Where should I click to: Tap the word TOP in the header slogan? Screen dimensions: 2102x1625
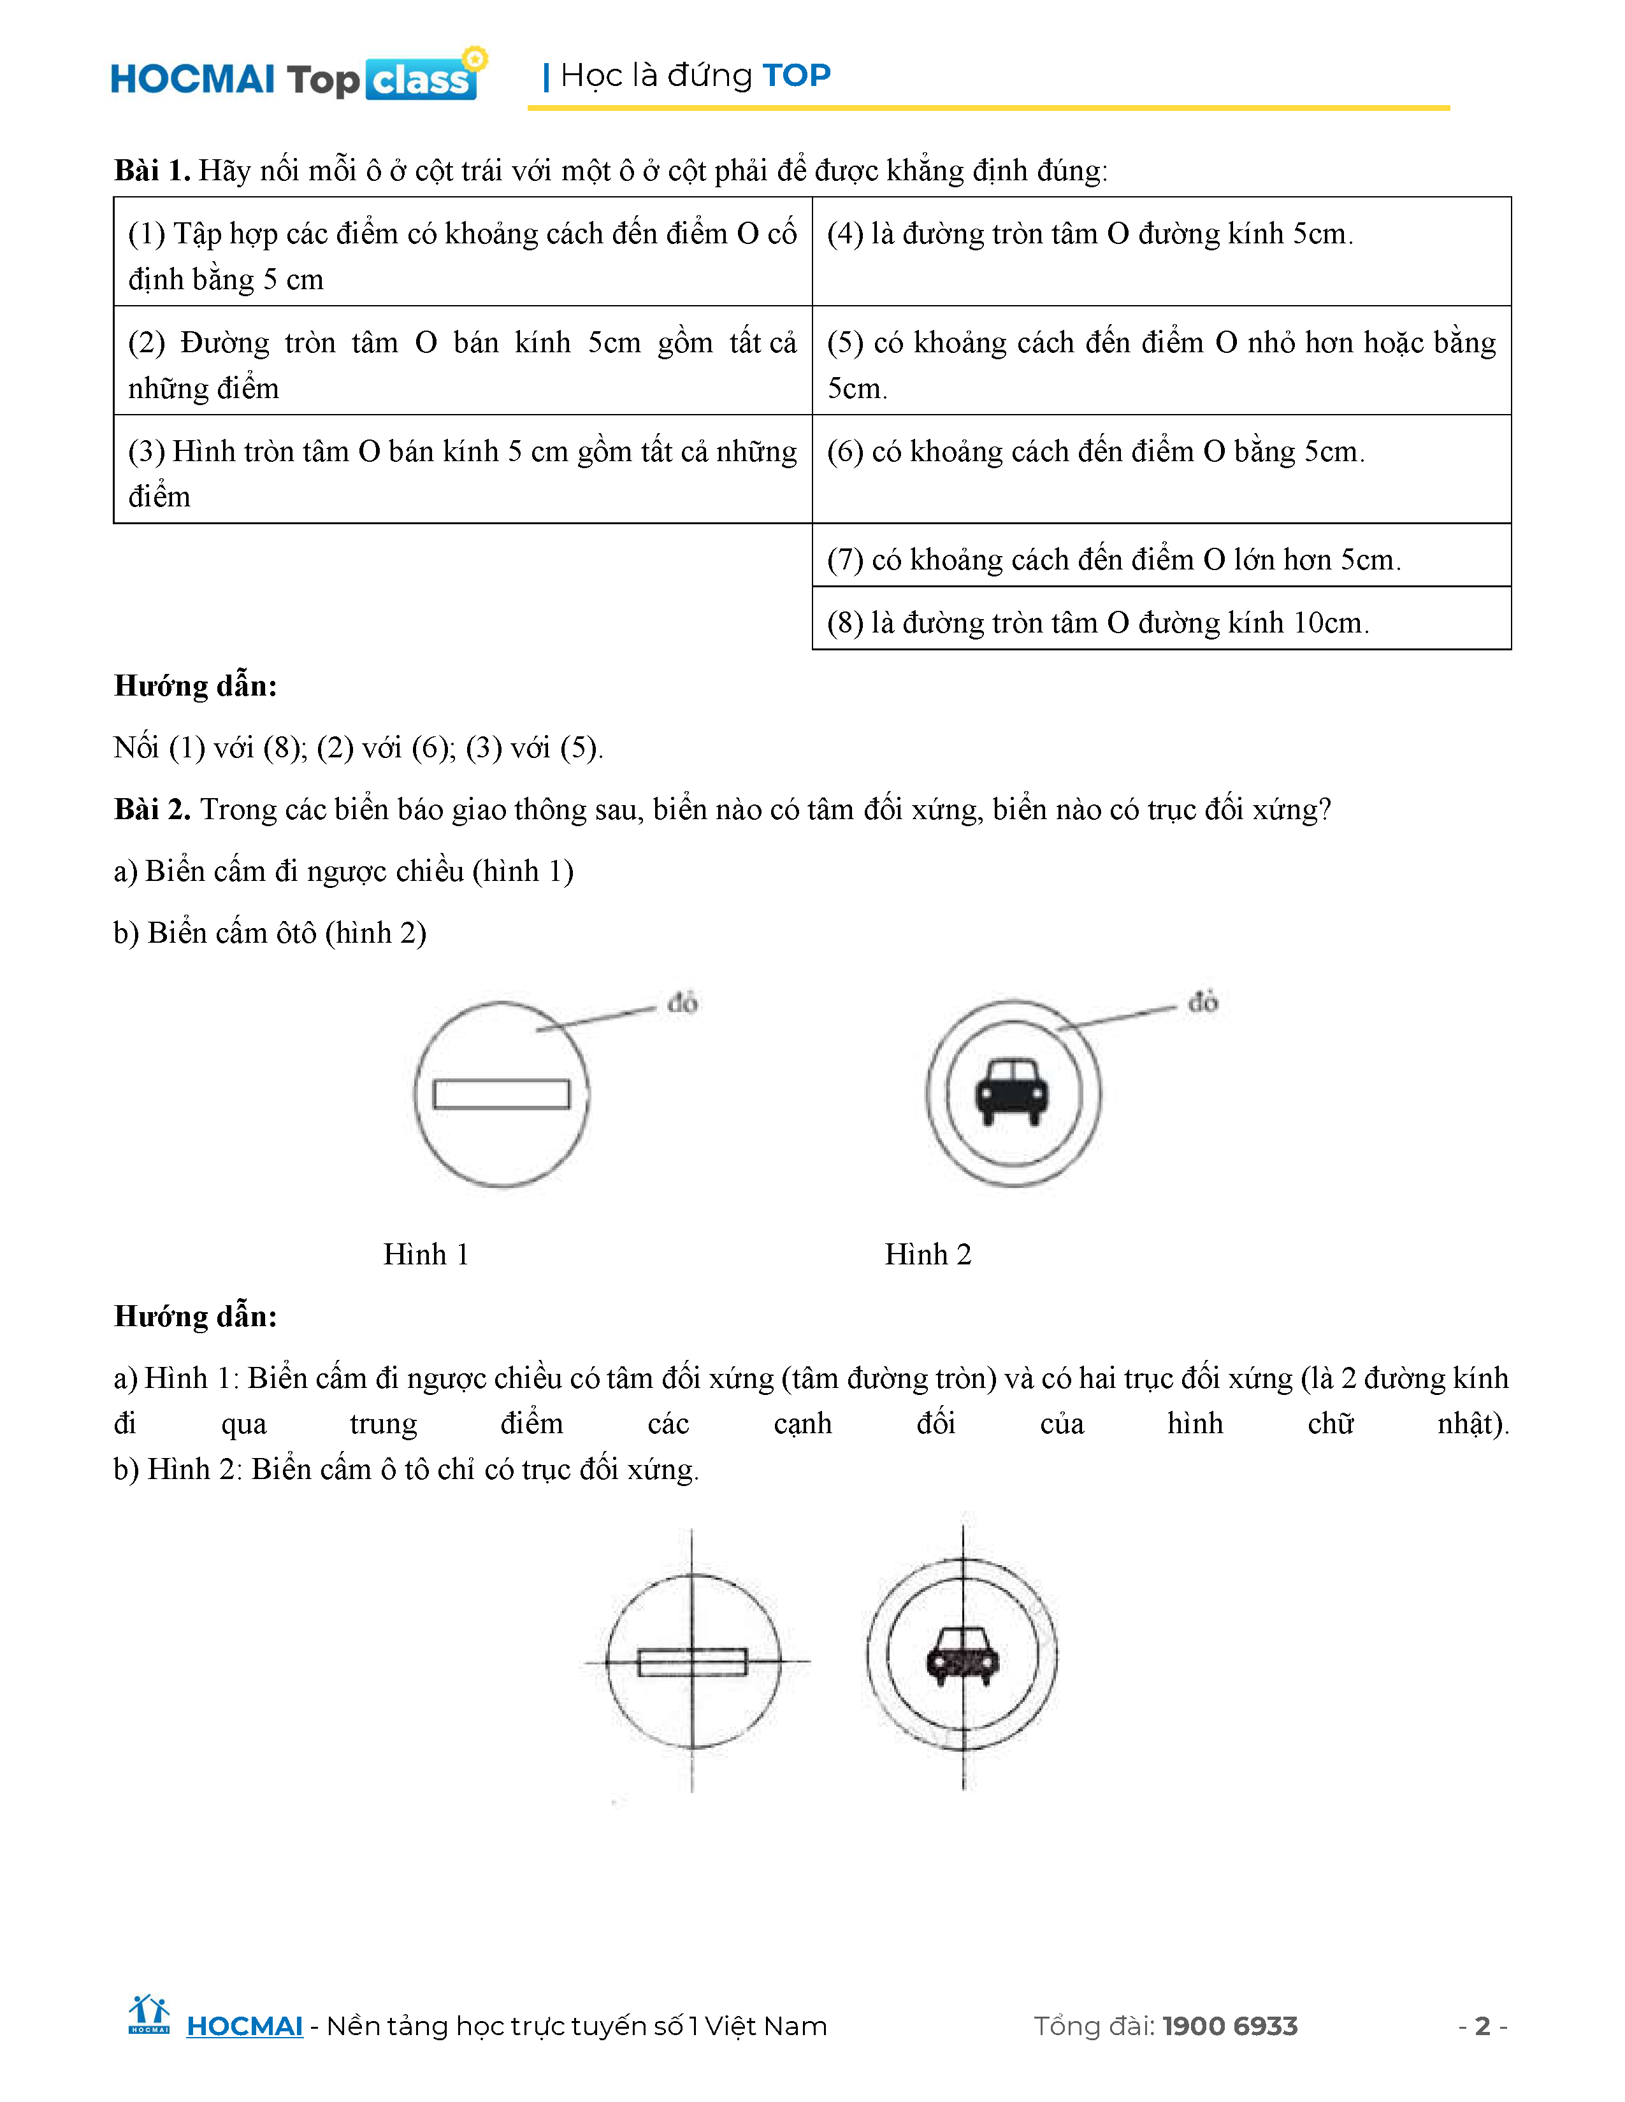click(x=796, y=75)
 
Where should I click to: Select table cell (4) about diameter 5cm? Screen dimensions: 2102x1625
click(x=1161, y=251)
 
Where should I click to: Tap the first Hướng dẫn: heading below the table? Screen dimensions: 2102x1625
click(x=196, y=685)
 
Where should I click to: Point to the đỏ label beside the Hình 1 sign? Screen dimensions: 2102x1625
click(x=682, y=1003)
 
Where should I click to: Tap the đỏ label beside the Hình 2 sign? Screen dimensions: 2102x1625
click(x=1202, y=1002)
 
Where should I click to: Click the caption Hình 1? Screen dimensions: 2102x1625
click(x=426, y=1254)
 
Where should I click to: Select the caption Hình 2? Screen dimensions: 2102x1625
click(x=928, y=1254)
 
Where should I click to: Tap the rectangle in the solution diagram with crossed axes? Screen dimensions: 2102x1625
click(x=692, y=1662)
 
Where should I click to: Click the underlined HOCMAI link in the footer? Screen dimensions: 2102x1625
click(x=245, y=2026)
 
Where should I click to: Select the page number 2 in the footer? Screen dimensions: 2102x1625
click(x=1482, y=2026)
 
